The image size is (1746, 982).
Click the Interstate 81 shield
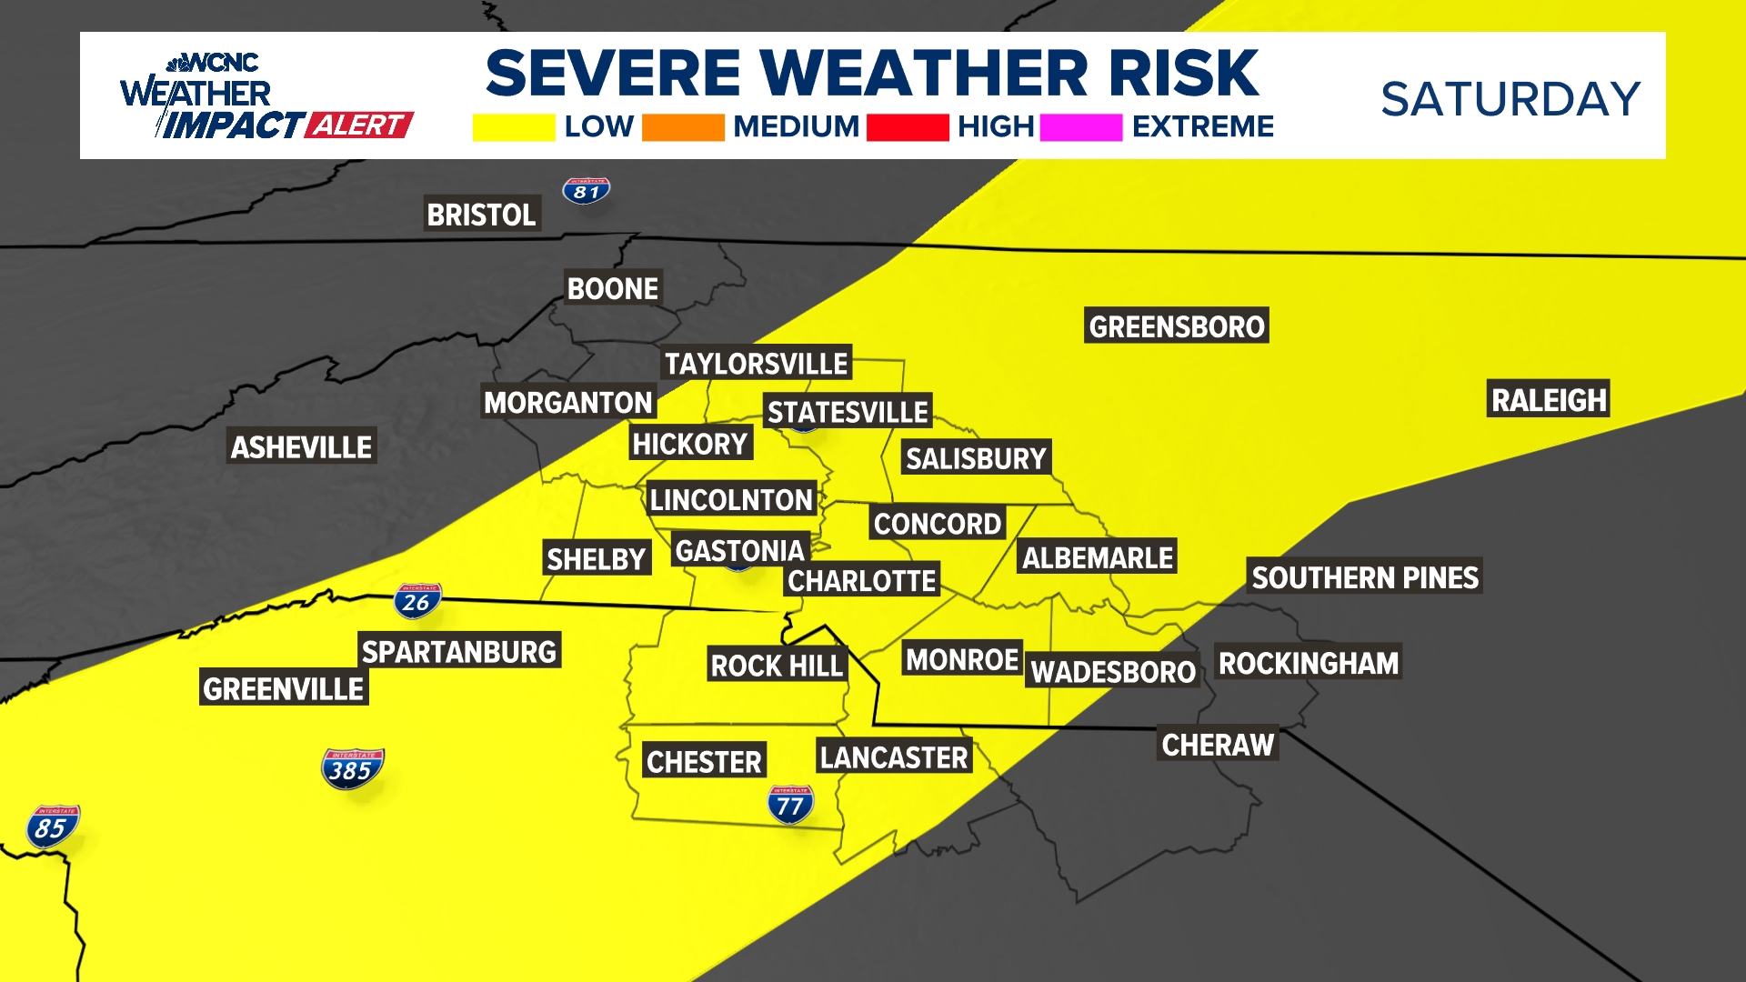pos(586,191)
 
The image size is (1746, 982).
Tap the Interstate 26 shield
pos(417,601)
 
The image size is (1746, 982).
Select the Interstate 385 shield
pos(352,768)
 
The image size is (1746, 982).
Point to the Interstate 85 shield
pos(53,827)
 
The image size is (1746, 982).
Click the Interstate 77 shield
pos(789,804)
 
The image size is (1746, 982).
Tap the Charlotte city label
pos(861,580)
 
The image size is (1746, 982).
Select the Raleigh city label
pos(1549,399)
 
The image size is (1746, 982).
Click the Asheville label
pos(301,446)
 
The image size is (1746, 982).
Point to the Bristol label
pos(481,215)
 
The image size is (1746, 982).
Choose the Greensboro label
pos(1176,326)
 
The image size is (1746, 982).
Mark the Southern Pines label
pos(1364,576)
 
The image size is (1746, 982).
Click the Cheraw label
pos(1218,744)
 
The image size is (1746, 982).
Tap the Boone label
pos(612,288)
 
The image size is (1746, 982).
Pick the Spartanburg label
pos(458,651)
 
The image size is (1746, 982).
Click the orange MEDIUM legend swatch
pos(682,127)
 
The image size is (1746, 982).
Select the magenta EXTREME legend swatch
pos(1080,127)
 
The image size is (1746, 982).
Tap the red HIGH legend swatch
pos(907,127)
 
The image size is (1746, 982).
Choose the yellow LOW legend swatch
pos(513,127)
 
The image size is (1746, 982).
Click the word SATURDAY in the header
pos(1510,99)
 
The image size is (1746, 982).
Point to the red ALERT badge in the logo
pos(359,125)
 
